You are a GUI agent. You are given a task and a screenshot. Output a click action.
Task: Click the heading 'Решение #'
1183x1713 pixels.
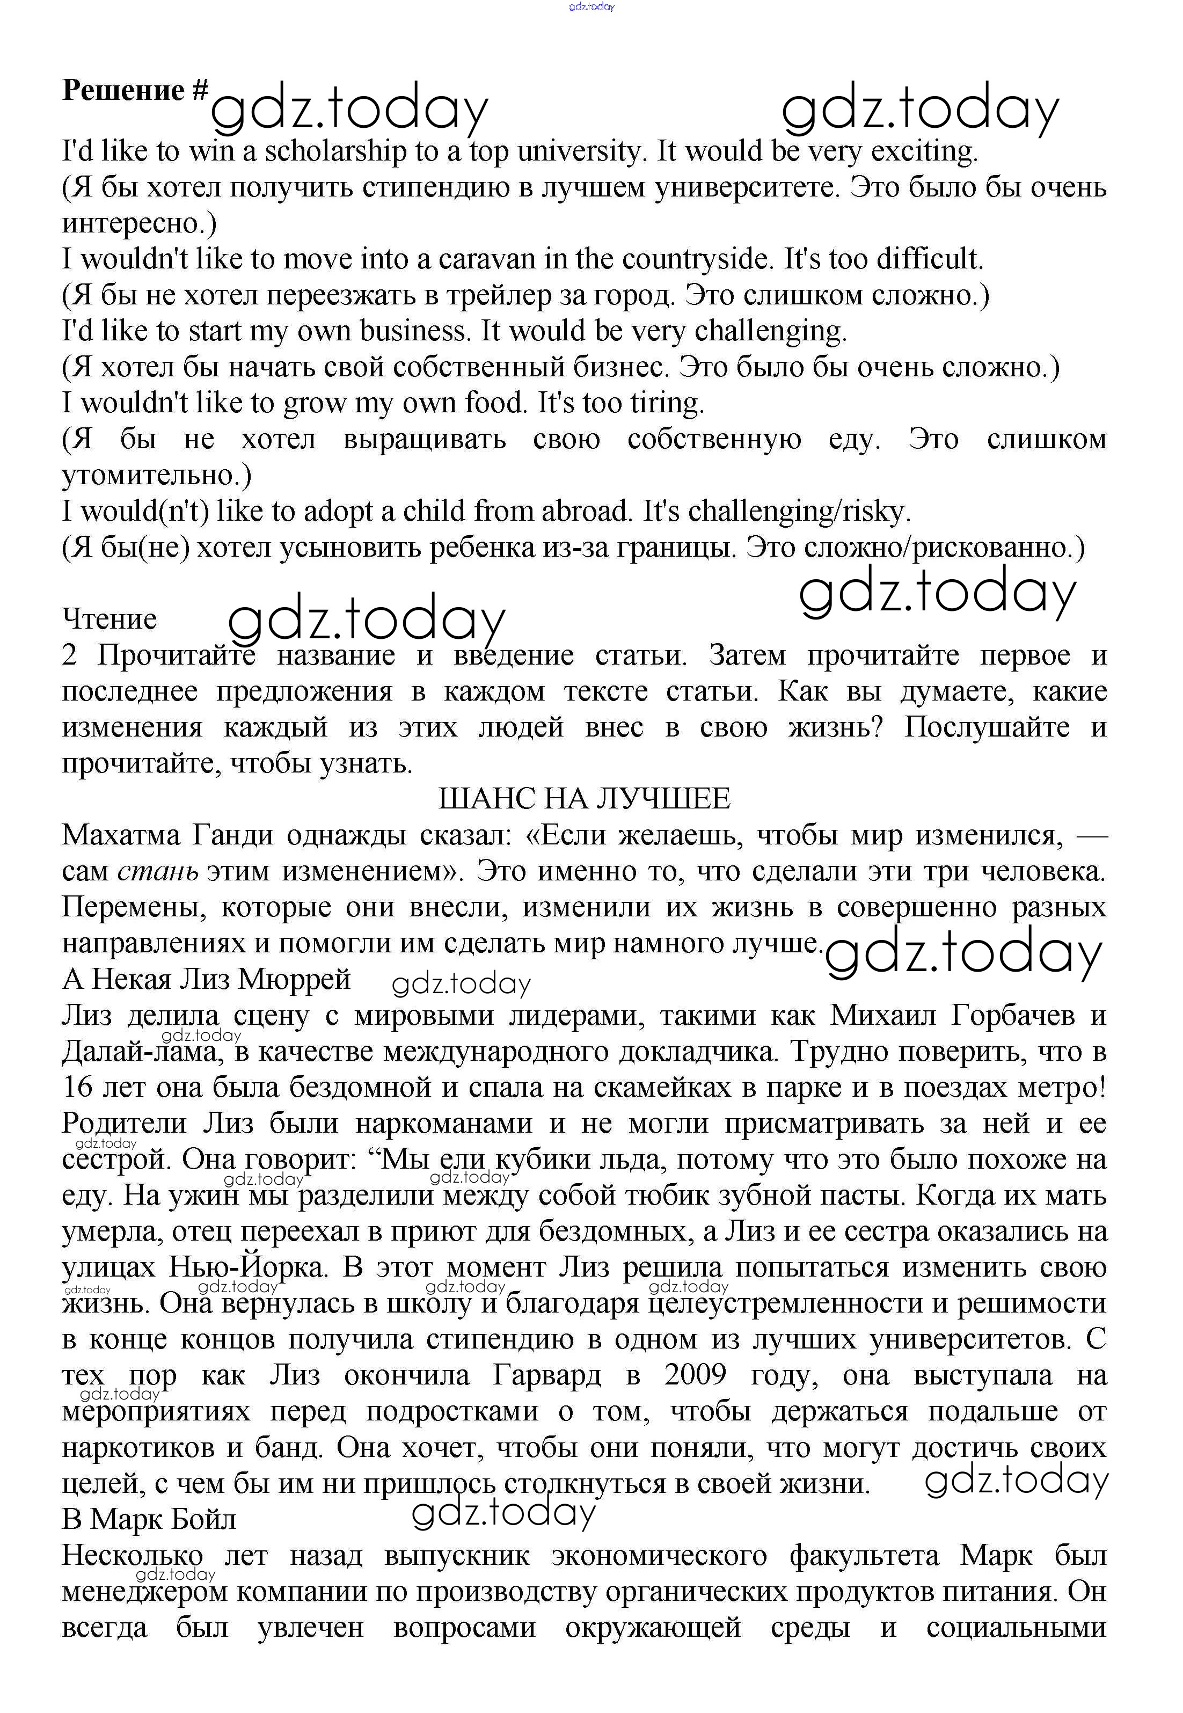(135, 90)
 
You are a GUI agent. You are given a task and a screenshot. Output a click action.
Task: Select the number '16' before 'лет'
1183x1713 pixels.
(77, 1088)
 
